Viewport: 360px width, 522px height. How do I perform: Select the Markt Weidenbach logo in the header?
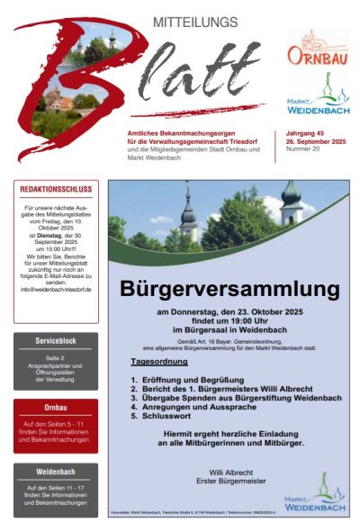tap(318, 102)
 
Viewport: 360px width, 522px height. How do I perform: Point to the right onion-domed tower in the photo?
tap(290, 207)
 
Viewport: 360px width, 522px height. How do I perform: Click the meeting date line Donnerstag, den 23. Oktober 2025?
tap(236, 311)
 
